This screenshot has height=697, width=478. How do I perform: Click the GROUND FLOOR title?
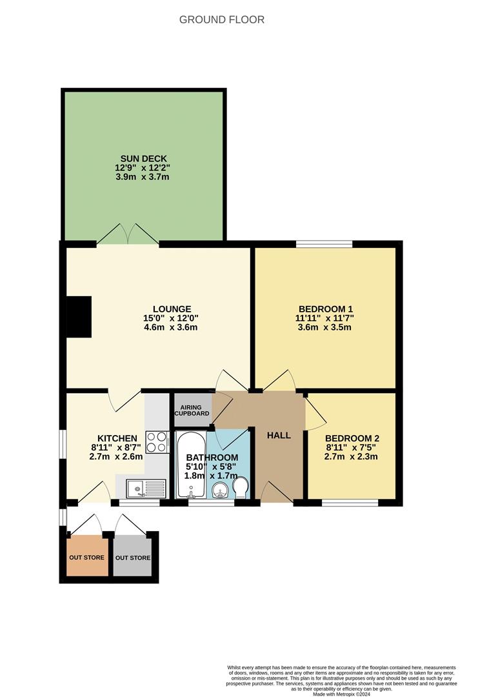221,19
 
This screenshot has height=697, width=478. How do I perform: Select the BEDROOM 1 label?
325,308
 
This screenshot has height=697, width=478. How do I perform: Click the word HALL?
279,436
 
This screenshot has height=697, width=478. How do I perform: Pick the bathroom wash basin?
219,490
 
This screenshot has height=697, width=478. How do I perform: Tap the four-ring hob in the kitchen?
157,442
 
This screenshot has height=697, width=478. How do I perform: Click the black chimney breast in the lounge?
80,317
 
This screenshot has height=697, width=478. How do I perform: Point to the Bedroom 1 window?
324,244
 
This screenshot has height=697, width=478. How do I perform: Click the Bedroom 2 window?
350,502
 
